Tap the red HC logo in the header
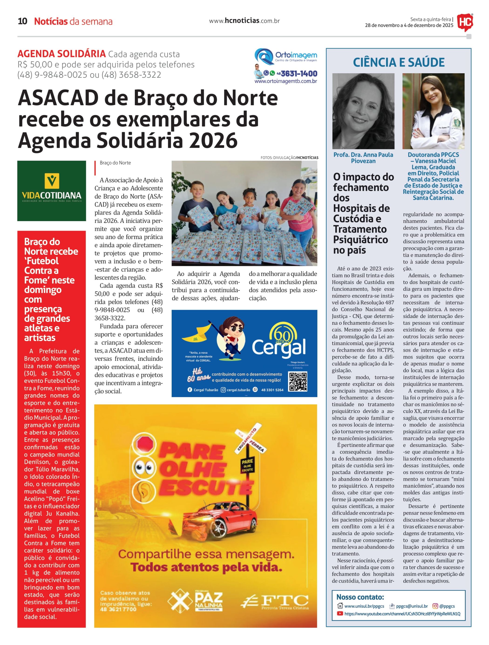[465, 22]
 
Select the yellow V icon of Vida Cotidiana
[52, 181]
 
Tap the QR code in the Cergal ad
[298, 381]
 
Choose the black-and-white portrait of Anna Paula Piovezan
[363, 111]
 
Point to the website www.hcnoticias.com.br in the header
[244, 21]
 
